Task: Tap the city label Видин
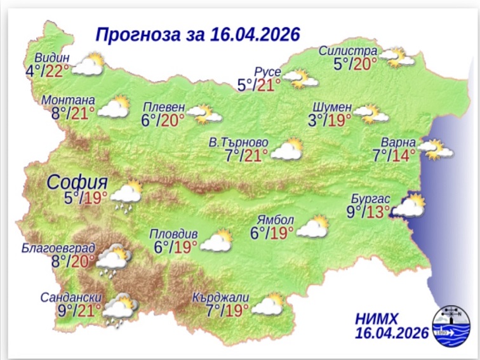point(51,55)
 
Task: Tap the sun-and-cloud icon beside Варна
point(437,149)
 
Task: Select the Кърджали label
point(219,297)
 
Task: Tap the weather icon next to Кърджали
point(267,305)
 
